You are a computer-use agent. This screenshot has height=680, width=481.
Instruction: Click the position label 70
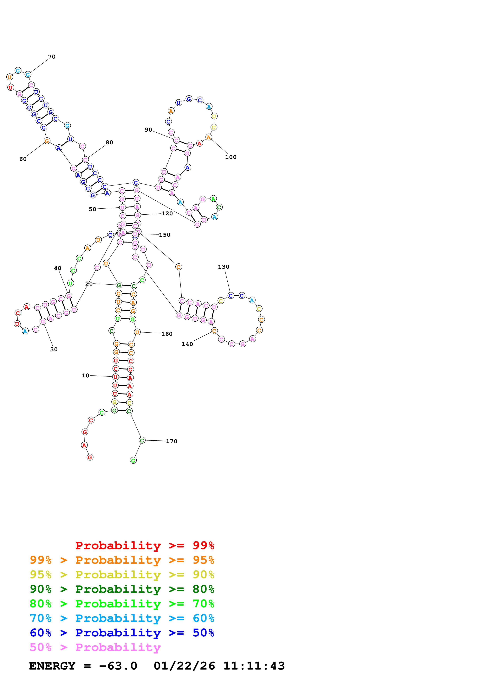(52, 57)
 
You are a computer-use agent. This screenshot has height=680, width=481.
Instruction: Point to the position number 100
(231, 157)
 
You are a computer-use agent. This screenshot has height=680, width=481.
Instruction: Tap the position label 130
(224, 267)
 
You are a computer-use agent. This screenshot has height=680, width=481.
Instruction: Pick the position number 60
(23, 159)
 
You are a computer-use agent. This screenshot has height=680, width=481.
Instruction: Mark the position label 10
(85, 375)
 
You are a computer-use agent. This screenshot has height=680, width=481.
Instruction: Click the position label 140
(187, 344)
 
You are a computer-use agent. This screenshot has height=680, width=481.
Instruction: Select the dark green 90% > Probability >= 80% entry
(122, 589)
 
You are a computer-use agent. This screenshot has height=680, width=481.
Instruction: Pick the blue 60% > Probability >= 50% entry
(122, 633)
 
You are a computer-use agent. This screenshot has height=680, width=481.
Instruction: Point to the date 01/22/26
(184, 666)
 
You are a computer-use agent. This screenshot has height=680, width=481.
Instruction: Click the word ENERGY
(52, 666)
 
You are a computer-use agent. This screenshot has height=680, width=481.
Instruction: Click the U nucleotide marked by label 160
(137, 332)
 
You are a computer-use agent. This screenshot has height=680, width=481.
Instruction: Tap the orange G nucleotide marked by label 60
(47, 141)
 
